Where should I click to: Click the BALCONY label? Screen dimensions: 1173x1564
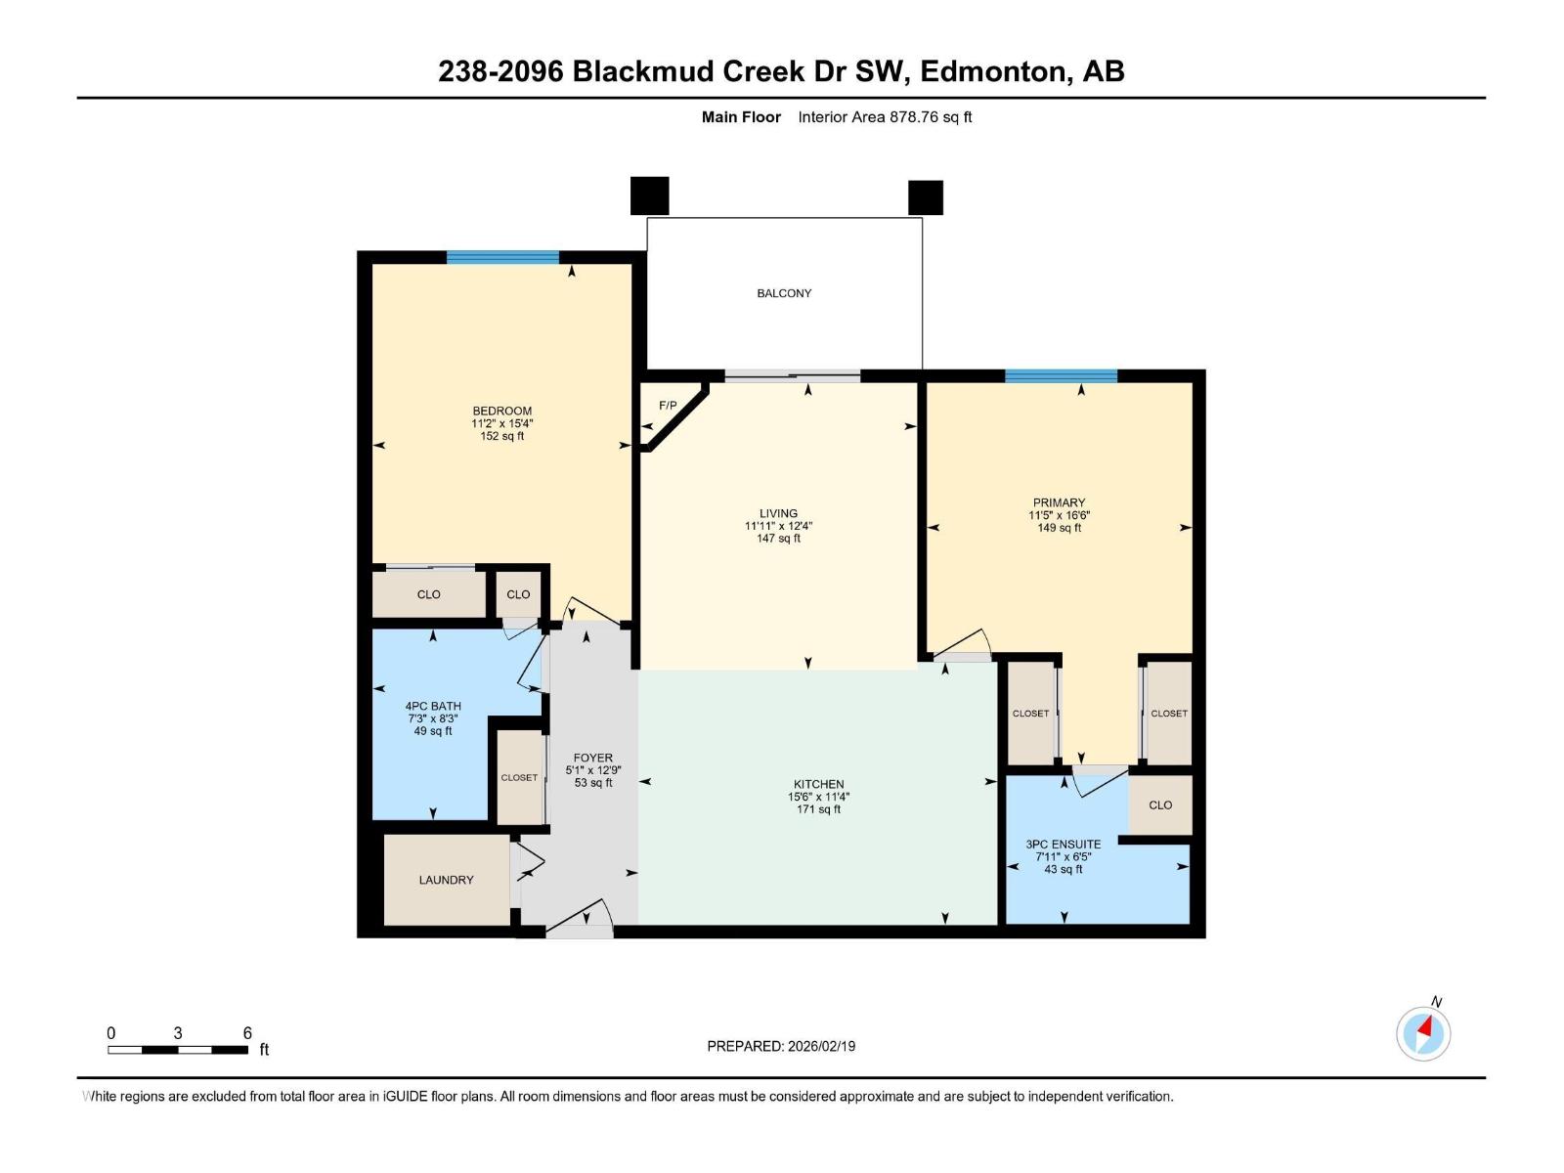click(784, 293)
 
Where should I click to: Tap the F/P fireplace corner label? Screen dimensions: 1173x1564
click(668, 406)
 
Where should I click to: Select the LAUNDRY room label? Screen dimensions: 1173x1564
click(446, 880)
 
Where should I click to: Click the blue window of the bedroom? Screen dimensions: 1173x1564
click(502, 257)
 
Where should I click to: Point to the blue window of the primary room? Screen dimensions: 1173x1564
click(1061, 375)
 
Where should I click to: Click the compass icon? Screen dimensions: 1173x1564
click(1423, 1033)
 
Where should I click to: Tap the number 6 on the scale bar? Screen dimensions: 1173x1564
click(247, 1033)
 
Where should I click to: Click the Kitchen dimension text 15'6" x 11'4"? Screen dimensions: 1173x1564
click(818, 797)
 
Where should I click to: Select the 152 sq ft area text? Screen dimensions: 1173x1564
click(501, 436)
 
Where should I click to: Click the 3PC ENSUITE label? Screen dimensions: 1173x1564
click(1063, 844)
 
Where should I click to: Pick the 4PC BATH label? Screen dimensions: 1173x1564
click(433, 706)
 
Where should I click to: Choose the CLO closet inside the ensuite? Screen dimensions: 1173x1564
click(1160, 805)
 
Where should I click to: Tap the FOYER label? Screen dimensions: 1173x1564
click(593, 758)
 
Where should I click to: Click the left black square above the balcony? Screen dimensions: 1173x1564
click(649, 195)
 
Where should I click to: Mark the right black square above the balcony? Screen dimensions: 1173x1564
click(925, 197)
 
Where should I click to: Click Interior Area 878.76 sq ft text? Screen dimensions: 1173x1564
click(885, 117)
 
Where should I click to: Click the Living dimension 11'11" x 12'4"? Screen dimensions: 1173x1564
click(778, 526)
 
